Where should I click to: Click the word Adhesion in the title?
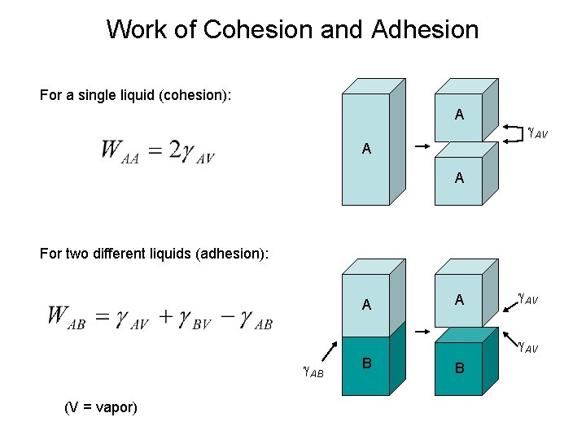click(424, 30)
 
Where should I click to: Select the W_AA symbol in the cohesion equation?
click(119, 151)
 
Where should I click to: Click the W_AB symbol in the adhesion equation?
click(67, 317)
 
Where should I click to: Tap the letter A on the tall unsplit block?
click(366, 149)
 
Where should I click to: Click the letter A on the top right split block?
click(459, 115)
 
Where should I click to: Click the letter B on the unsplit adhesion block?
click(366, 363)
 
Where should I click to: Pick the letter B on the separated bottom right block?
click(459, 368)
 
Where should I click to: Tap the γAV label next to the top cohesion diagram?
click(537, 130)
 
